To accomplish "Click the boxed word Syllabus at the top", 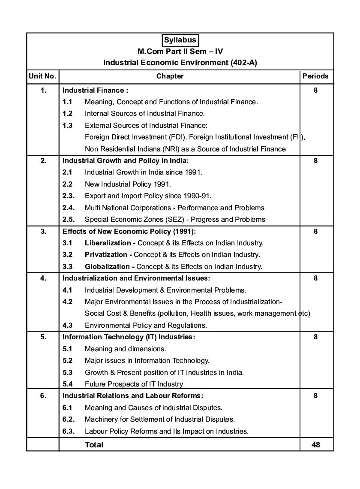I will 180,40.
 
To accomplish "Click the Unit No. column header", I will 42,76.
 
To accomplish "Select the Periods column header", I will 315,76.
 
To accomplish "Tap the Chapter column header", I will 170,76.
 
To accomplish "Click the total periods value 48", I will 316,445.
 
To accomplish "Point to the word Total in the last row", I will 94,445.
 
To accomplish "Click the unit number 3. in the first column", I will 43,232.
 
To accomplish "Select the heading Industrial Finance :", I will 96,91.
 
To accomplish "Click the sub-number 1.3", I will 67,126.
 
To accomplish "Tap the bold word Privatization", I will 106,255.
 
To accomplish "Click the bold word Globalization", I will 107,267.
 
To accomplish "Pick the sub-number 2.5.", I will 69,220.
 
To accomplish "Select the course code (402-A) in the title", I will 243,63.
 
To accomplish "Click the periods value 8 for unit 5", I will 315,337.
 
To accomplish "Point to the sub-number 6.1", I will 67,408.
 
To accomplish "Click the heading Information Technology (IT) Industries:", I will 129,337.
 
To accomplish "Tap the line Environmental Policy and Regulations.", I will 146,325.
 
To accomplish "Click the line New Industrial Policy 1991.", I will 128,184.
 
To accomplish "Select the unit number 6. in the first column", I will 43,396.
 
